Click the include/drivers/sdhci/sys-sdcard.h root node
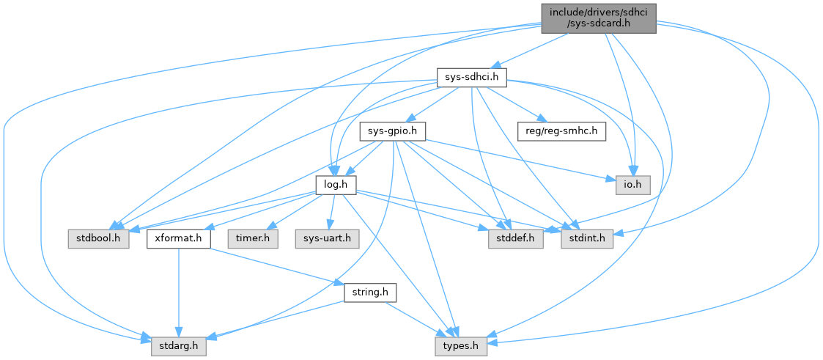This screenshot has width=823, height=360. [x=598, y=17]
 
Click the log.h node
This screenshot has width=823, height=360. [x=335, y=185]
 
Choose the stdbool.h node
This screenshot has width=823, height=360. [x=98, y=238]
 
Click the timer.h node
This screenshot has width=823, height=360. [x=253, y=238]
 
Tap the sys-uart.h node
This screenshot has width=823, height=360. [x=328, y=238]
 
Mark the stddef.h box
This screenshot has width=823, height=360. [x=515, y=238]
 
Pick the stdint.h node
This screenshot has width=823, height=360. [x=586, y=238]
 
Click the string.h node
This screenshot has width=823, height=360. [x=370, y=292]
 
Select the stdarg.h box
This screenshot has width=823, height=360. [x=179, y=345]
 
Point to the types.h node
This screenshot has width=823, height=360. [x=462, y=345]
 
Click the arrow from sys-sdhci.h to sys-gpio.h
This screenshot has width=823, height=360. [x=433, y=104]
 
